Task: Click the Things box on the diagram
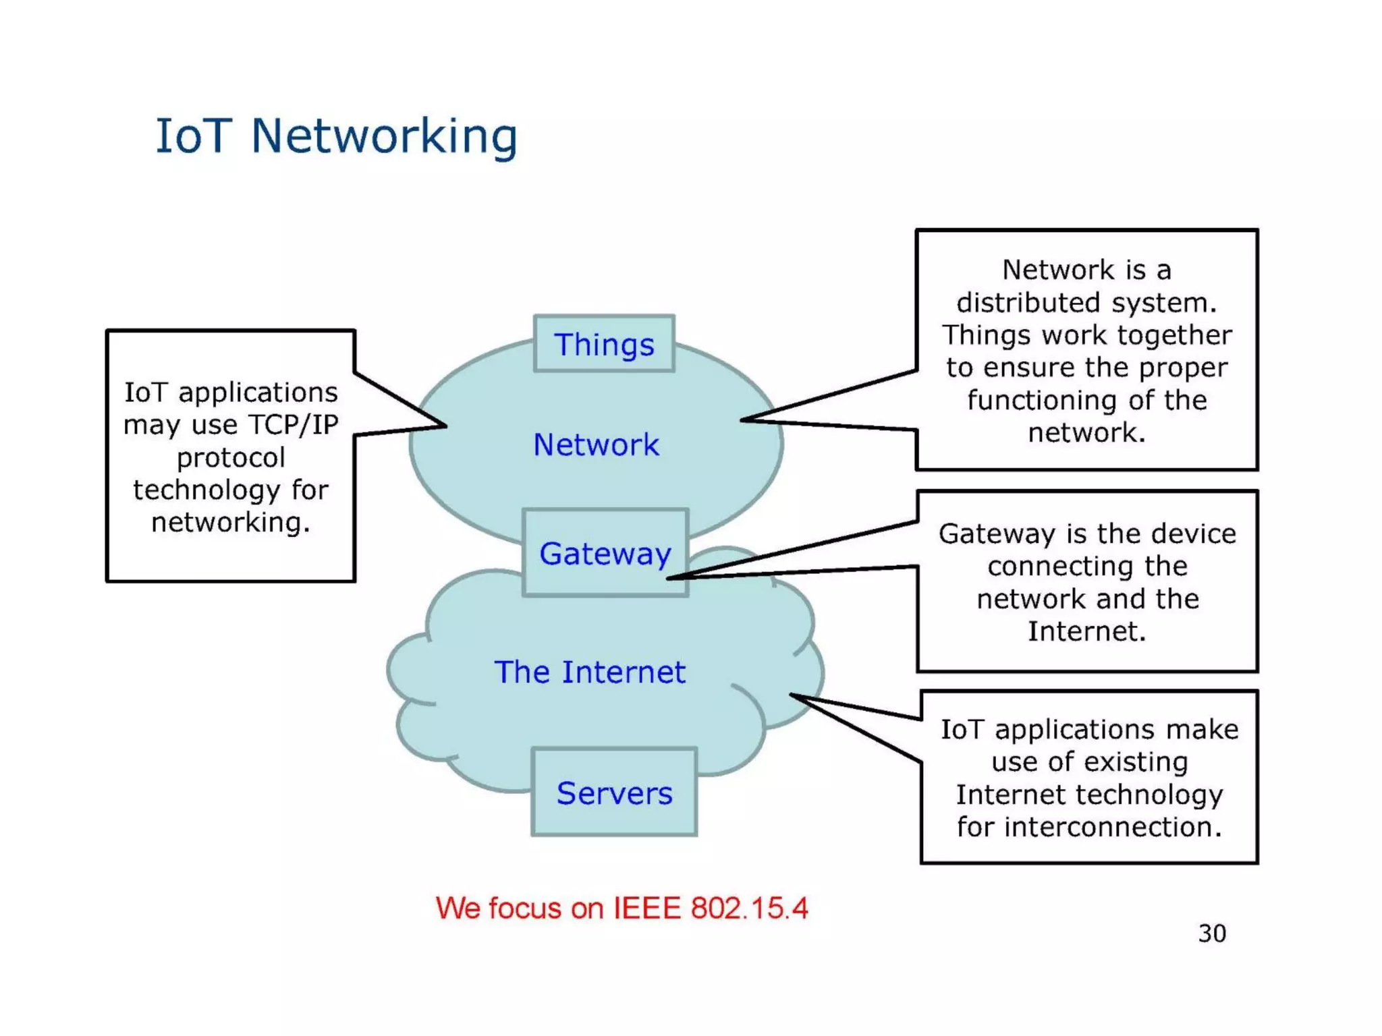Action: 604,344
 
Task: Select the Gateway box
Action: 605,553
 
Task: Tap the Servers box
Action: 614,793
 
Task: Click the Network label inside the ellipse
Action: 596,444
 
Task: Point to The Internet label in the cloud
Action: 590,672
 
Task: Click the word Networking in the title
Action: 384,137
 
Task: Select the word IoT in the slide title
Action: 194,137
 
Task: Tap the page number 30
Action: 1212,933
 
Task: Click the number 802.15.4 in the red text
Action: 749,908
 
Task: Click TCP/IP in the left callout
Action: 293,425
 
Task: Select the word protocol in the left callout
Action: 231,457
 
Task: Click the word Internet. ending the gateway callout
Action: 1086,631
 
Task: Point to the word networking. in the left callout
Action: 231,522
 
